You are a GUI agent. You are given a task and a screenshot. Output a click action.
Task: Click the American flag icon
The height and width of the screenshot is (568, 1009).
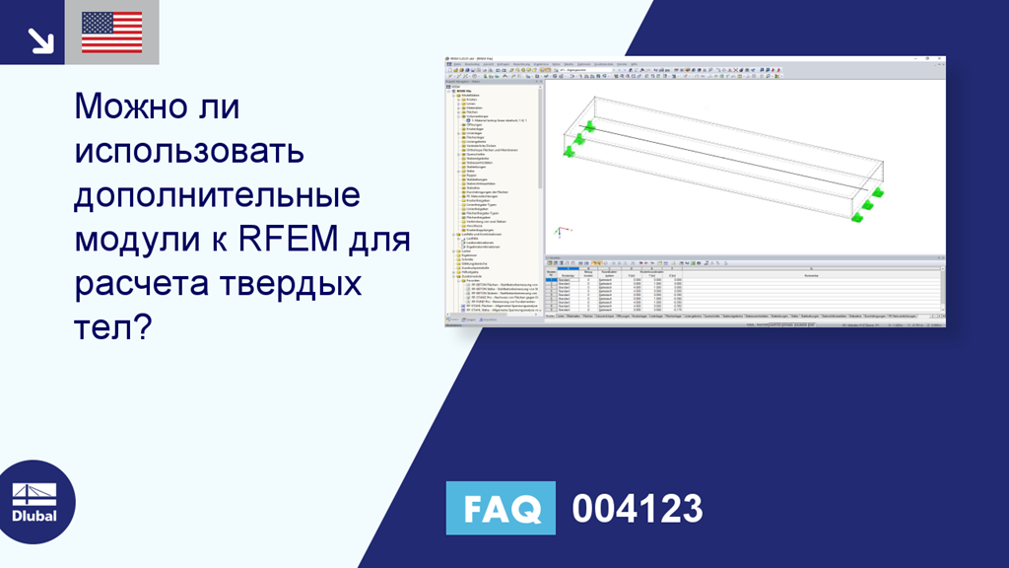111,33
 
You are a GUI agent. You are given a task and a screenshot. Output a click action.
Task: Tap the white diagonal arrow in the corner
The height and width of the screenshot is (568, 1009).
40,38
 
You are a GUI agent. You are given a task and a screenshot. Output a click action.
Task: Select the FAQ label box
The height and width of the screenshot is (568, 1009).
501,509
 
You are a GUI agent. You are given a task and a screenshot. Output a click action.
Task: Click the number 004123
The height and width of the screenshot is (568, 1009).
638,509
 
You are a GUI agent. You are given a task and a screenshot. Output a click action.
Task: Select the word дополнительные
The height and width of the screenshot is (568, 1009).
218,194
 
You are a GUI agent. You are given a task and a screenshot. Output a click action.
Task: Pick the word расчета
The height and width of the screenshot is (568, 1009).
135,284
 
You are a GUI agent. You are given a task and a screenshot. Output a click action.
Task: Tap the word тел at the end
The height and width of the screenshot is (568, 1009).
101,328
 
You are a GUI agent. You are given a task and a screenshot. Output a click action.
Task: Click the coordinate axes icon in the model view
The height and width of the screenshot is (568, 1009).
557,234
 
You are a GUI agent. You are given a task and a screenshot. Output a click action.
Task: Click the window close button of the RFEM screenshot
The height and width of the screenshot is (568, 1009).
941,59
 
